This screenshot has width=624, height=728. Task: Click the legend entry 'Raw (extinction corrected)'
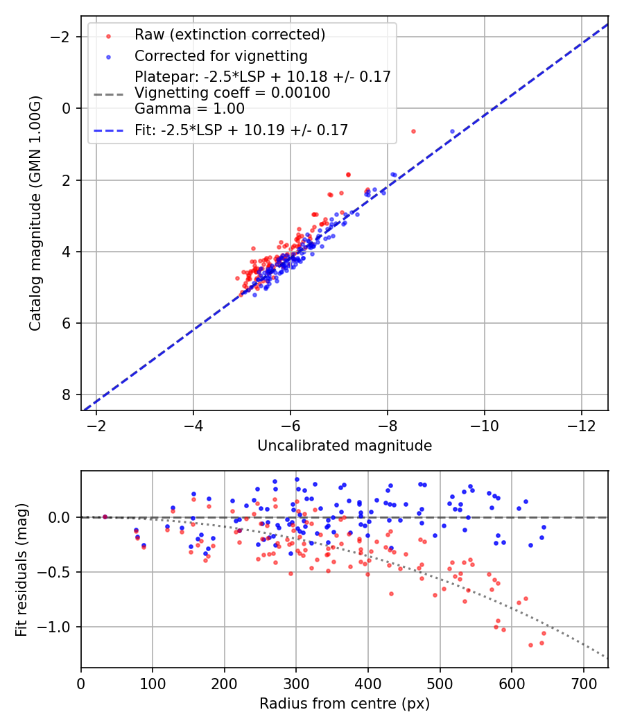tap(229, 35)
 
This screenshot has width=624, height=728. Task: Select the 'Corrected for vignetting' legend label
tap(220, 55)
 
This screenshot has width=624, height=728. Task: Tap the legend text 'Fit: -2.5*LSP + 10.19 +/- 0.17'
tap(241, 130)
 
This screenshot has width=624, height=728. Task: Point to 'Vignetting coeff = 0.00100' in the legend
tap(232, 93)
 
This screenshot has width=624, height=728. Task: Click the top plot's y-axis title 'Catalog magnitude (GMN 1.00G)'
tap(35, 214)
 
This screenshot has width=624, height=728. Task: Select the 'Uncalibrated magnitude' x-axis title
tap(345, 446)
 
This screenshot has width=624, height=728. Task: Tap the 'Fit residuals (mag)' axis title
tap(21, 569)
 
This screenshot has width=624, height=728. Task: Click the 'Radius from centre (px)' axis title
tap(345, 704)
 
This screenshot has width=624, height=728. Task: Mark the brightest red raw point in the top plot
tap(413, 131)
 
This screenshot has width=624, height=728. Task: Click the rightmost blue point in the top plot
tap(452, 131)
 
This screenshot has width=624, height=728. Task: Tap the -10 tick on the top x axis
tap(484, 425)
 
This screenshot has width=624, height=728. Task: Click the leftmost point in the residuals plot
tap(105, 517)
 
